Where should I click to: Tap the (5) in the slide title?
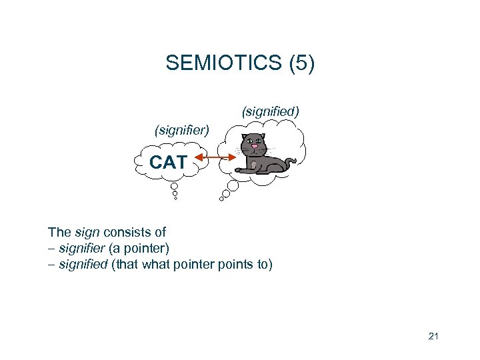pyautogui.click(x=301, y=63)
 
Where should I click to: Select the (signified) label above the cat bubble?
pyautogui.click(x=269, y=111)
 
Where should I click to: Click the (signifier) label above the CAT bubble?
pyautogui.click(x=181, y=130)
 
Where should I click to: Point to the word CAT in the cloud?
pyautogui.click(x=168, y=162)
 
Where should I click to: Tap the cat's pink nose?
pyautogui.click(x=254, y=147)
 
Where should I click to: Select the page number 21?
pyautogui.click(x=433, y=337)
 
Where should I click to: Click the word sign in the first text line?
pyautogui.click(x=87, y=233)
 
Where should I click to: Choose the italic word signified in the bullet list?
pyautogui.click(x=83, y=265)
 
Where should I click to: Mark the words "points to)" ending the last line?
pyautogui.click(x=249, y=265)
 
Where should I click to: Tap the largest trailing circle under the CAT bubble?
pyautogui.click(x=175, y=186)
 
